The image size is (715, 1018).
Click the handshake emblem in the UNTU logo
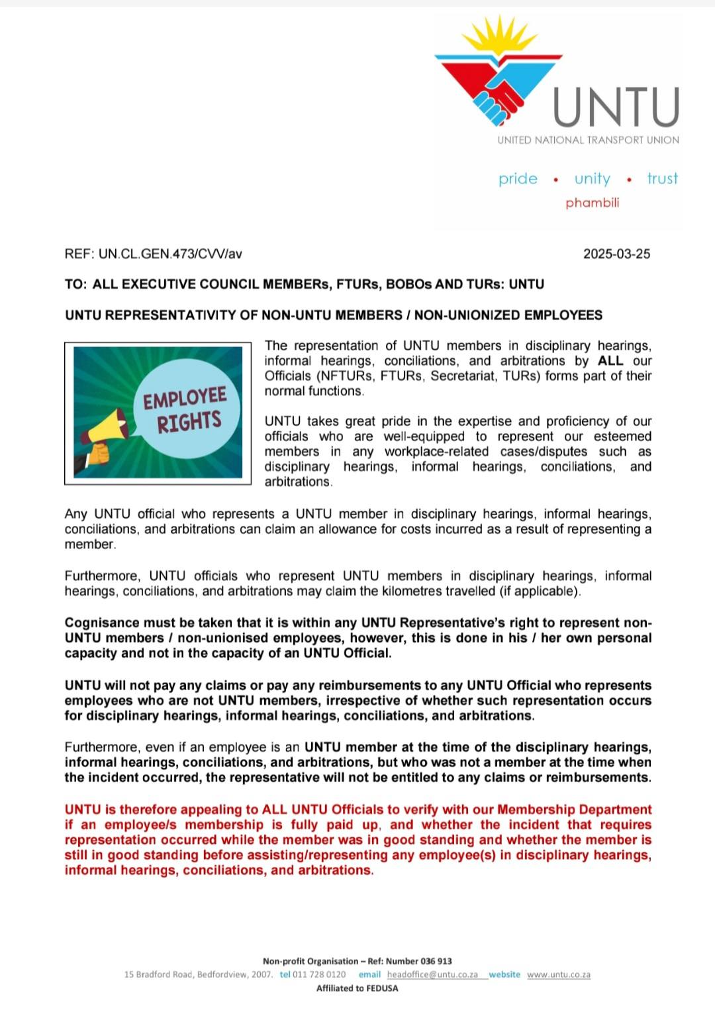(x=498, y=96)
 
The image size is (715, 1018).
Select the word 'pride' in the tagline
(x=518, y=179)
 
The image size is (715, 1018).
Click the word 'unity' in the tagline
(x=592, y=179)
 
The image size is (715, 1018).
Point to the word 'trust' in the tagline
(x=662, y=179)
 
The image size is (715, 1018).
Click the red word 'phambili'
(x=592, y=203)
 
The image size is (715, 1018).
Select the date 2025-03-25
(x=616, y=254)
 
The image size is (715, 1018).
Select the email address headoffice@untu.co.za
(x=432, y=974)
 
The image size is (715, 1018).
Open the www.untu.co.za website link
(x=558, y=974)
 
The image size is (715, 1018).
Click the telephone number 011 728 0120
(x=319, y=974)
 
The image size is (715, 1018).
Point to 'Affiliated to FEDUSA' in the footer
(x=357, y=988)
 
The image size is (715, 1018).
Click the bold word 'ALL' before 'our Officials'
(x=610, y=361)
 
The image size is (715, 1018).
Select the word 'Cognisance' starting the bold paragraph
(x=101, y=623)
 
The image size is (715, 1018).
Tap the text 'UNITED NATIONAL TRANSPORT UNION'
(x=588, y=140)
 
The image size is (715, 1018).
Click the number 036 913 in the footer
(x=436, y=961)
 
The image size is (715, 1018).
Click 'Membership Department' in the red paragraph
(x=574, y=809)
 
